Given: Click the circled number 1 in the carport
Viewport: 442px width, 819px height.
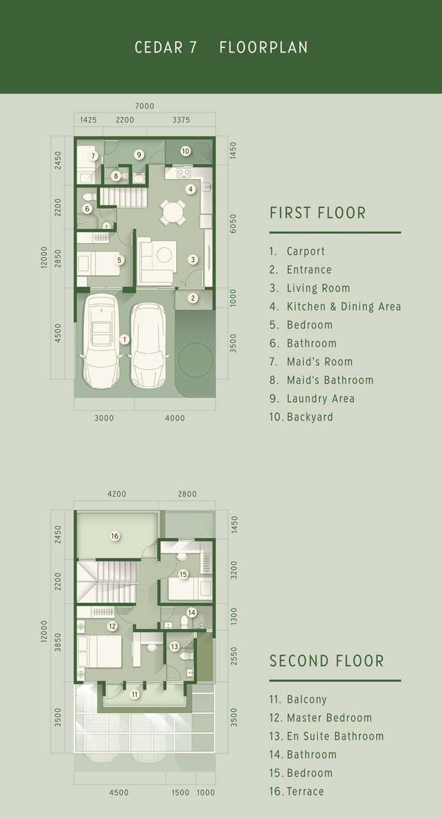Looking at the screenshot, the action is pyautogui.click(x=124, y=339).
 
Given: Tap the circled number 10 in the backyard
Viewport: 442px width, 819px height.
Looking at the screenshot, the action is pyautogui.click(x=185, y=151).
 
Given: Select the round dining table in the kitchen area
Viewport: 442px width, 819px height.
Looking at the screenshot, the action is pyautogui.click(x=173, y=212).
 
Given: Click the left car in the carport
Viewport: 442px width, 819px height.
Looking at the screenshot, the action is pyautogui.click(x=100, y=341).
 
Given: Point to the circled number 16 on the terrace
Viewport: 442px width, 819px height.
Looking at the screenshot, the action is pyautogui.click(x=114, y=536).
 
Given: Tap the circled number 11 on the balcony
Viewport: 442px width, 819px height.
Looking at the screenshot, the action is pyautogui.click(x=135, y=694).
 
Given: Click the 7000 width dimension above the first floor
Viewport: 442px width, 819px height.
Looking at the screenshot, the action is pyautogui.click(x=145, y=106).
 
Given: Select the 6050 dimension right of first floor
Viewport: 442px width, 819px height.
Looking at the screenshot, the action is pyautogui.click(x=233, y=224).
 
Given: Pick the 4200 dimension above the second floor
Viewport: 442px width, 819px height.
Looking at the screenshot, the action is pyautogui.click(x=116, y=493).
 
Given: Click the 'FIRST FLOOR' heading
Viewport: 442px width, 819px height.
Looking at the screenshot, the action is pyautogui.click(x=318, y=213).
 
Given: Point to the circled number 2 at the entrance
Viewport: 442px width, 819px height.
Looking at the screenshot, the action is pyautogui.click(x=193, y=298).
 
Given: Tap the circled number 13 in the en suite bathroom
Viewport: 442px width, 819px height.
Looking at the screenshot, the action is pyautogui.click(x=175, y=646).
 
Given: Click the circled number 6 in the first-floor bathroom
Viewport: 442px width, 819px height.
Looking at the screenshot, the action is pyautogui.click(x=87, y=209).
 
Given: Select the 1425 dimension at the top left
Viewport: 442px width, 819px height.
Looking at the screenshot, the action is pyautogui.click(x=88, y=120).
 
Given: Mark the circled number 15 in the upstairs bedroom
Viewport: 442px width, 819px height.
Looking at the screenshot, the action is pyautogui.click(x=183, y=574).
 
